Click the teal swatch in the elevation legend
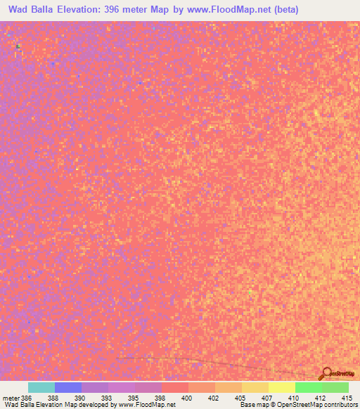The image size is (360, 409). [x=41, y=387]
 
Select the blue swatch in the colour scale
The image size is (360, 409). [x=68, y=387]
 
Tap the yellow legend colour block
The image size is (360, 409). [x=281, y=387]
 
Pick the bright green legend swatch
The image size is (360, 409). [x=308, y=387]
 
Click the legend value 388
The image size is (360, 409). [x=53, y=398]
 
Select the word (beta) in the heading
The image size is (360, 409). [x=285, y=10]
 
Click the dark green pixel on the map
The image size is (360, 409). [x=18, y=46]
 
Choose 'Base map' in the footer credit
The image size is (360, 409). [x=252, y=405]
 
